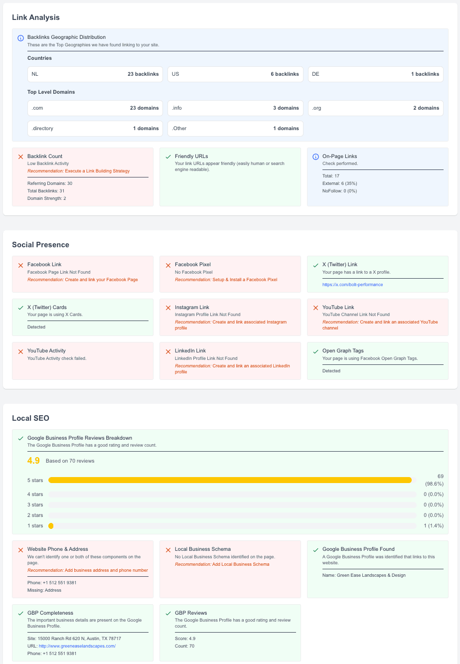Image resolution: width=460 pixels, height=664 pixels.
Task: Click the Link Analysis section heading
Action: (36, 17)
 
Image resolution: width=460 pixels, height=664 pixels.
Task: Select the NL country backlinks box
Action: (95, 74)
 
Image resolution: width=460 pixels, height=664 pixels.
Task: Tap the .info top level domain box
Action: (235, 108)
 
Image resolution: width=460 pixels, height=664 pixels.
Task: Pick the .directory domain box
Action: (95, 129)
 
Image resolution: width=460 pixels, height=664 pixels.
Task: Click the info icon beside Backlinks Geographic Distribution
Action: (20, 38)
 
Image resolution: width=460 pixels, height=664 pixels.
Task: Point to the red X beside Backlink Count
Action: (20, 157)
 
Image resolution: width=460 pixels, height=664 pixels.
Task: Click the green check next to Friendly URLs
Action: (168, 157)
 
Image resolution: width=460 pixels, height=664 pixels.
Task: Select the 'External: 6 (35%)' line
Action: (340, 183)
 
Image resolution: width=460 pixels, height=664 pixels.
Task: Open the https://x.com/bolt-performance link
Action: (352, 285)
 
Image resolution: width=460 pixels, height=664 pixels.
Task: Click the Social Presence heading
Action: (40, 245)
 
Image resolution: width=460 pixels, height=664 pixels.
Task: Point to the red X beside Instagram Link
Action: (168, 308)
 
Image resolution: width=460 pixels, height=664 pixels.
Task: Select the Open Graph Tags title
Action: (343, 351)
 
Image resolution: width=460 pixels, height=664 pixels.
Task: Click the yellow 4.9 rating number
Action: (33, 461)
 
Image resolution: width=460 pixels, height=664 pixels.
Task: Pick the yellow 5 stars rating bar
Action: (230, 480)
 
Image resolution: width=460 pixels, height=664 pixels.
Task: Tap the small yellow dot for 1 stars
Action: (51, 526)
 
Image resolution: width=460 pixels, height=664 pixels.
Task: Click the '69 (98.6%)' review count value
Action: (434, 480)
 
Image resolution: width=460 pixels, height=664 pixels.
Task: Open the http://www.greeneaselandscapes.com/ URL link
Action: (77, 646)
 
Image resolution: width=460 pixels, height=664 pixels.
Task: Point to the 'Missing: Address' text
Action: (44, 590)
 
